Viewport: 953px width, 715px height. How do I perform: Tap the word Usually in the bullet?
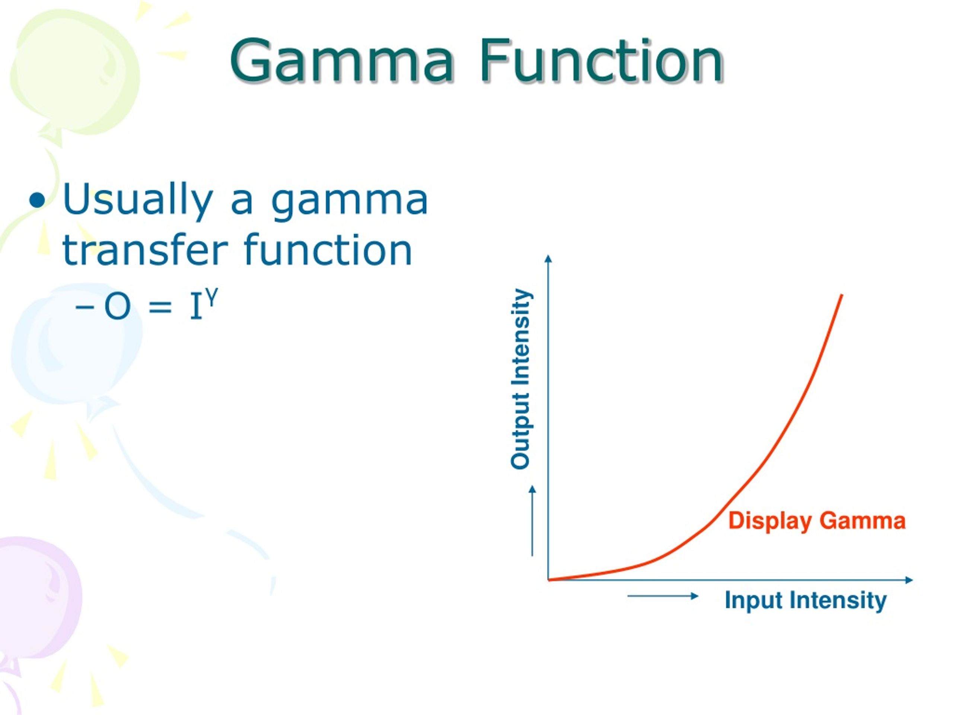click(x=138, y=200)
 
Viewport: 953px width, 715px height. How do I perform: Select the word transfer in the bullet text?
click(x=145, y=250)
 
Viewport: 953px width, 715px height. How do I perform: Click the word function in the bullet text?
click(x=328, y=250)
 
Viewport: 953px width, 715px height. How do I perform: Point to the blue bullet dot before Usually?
click(x=38, y=200)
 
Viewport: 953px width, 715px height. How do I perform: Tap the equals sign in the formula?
click(x=160, y=307)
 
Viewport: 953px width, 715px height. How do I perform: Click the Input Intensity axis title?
click(x=805, y=600)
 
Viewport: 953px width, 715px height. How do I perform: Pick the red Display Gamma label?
click(x=817, y=521)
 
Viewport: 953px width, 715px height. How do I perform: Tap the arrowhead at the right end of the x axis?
click(x=909, y=580)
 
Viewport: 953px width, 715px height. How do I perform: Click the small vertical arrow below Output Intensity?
click(x=532, y=521)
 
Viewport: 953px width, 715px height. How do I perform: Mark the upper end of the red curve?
click(x=841, y=296)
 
